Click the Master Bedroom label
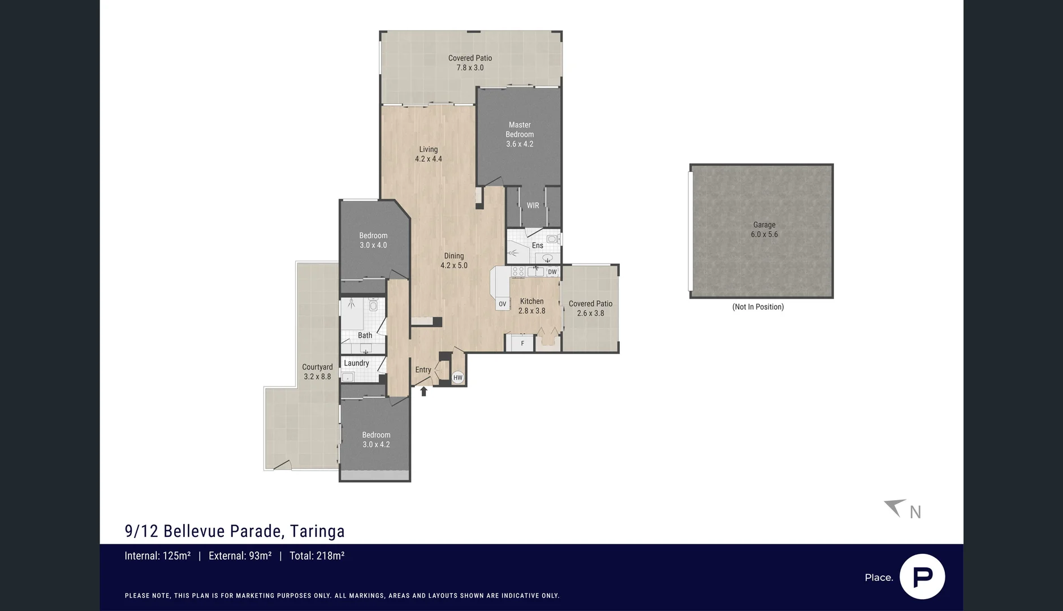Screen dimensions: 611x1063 [x=520, y=134]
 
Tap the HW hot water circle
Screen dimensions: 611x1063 [x=458, y=377]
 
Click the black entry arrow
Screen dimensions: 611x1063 [x=424, y=391]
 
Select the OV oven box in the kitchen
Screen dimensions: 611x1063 [x=502, y=304]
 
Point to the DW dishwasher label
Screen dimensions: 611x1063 [x=552, y=272]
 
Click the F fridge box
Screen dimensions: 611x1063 [x=522, y=343]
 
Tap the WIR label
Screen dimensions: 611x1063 [x=533, y=205]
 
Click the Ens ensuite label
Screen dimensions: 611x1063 [x=537, y=246]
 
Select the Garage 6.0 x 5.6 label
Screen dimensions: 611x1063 [x=764, y=229]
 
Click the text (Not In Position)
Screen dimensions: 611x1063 [x=758, y=307]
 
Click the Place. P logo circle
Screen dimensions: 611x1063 [x=922, y=576]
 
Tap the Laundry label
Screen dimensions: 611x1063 [x=356, y=363]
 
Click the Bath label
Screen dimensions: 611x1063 [x=365, y=335]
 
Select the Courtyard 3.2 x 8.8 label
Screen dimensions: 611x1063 [x=317, y=372]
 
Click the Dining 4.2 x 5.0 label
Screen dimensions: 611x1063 [x=454, y=260]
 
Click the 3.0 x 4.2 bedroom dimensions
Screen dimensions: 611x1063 [x=376, y=445]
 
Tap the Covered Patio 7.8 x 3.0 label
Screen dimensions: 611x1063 [x=470, y=62]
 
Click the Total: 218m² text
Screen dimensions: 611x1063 [x=317, y=556]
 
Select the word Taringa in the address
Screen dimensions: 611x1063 [x=317, y=531]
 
